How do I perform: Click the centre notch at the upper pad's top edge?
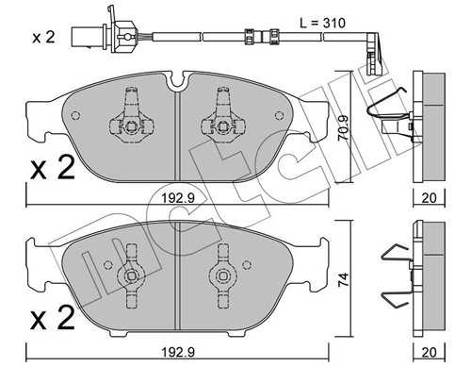pos(174,87)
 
